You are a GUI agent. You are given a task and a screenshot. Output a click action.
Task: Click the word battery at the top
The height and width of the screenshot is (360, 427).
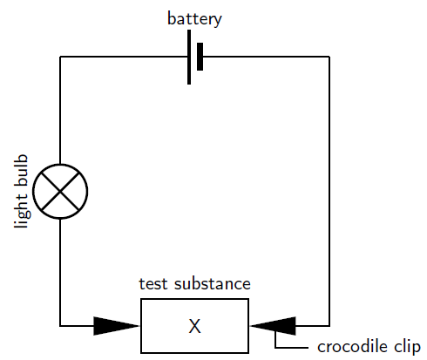[x=194, y=19]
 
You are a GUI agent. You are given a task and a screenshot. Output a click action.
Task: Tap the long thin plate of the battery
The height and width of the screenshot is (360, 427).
[x=189, y=58]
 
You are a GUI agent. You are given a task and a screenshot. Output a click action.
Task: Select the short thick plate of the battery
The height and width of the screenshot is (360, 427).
[x=200, y=57]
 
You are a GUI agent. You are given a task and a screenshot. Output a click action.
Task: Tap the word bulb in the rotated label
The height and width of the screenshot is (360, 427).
[x=21, y=170]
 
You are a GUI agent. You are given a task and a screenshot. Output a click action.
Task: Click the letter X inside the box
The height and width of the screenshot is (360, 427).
[x=194, y=326]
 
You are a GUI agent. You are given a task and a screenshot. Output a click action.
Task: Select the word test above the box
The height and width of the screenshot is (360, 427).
[x=153, y=284]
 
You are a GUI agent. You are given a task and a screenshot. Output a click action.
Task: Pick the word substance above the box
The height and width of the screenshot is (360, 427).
[x=213, y=284]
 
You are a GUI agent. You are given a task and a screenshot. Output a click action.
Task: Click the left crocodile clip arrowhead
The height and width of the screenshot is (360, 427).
[x=117, y=326]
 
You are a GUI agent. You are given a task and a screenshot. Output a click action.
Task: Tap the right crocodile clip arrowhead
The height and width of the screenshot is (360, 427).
[x=273, y=326]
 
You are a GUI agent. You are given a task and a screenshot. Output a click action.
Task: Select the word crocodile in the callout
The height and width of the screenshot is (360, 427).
[x=352, y=347]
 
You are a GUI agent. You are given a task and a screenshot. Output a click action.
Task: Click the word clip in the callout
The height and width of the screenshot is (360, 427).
[x=407, y=347]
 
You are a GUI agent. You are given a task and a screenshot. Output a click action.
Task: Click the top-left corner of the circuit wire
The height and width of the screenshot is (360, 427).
[x=60, y=57]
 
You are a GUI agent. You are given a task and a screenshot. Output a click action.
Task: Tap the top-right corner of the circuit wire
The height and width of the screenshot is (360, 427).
[x=329, y=57]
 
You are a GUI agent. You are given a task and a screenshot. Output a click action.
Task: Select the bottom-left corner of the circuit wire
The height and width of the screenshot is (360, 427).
[x=60, y=326]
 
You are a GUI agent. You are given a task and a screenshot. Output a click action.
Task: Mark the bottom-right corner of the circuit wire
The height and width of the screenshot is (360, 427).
[x=329, y=326]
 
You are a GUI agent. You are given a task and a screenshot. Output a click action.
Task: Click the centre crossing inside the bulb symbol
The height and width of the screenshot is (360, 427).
[x=60, y=191]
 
